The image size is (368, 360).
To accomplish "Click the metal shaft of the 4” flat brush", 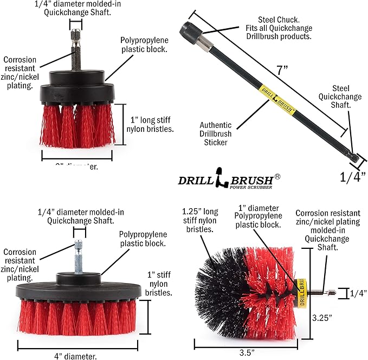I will (79, 254).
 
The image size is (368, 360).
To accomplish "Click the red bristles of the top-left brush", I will (76, 122).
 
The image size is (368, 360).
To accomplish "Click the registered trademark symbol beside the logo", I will (277, 176).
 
